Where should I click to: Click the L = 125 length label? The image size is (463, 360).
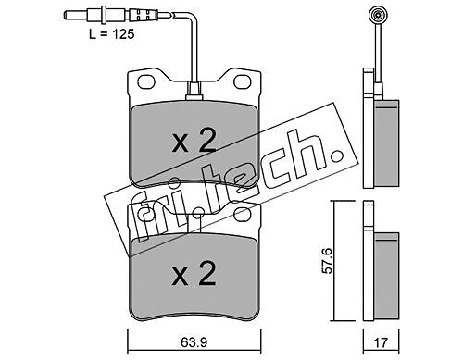(112, 34)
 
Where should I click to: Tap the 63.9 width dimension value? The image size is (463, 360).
(194, 342)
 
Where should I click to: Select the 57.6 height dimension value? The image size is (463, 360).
(327, 260)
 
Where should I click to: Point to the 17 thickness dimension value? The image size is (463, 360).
(381, 342)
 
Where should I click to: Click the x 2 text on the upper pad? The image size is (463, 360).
(194, 143)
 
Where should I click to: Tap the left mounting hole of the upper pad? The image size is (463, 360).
(146, 81)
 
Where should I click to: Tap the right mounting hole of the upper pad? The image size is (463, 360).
(242, 81)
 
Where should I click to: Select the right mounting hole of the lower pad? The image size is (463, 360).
(242, 215)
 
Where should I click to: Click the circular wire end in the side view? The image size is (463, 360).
(378, 15)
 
